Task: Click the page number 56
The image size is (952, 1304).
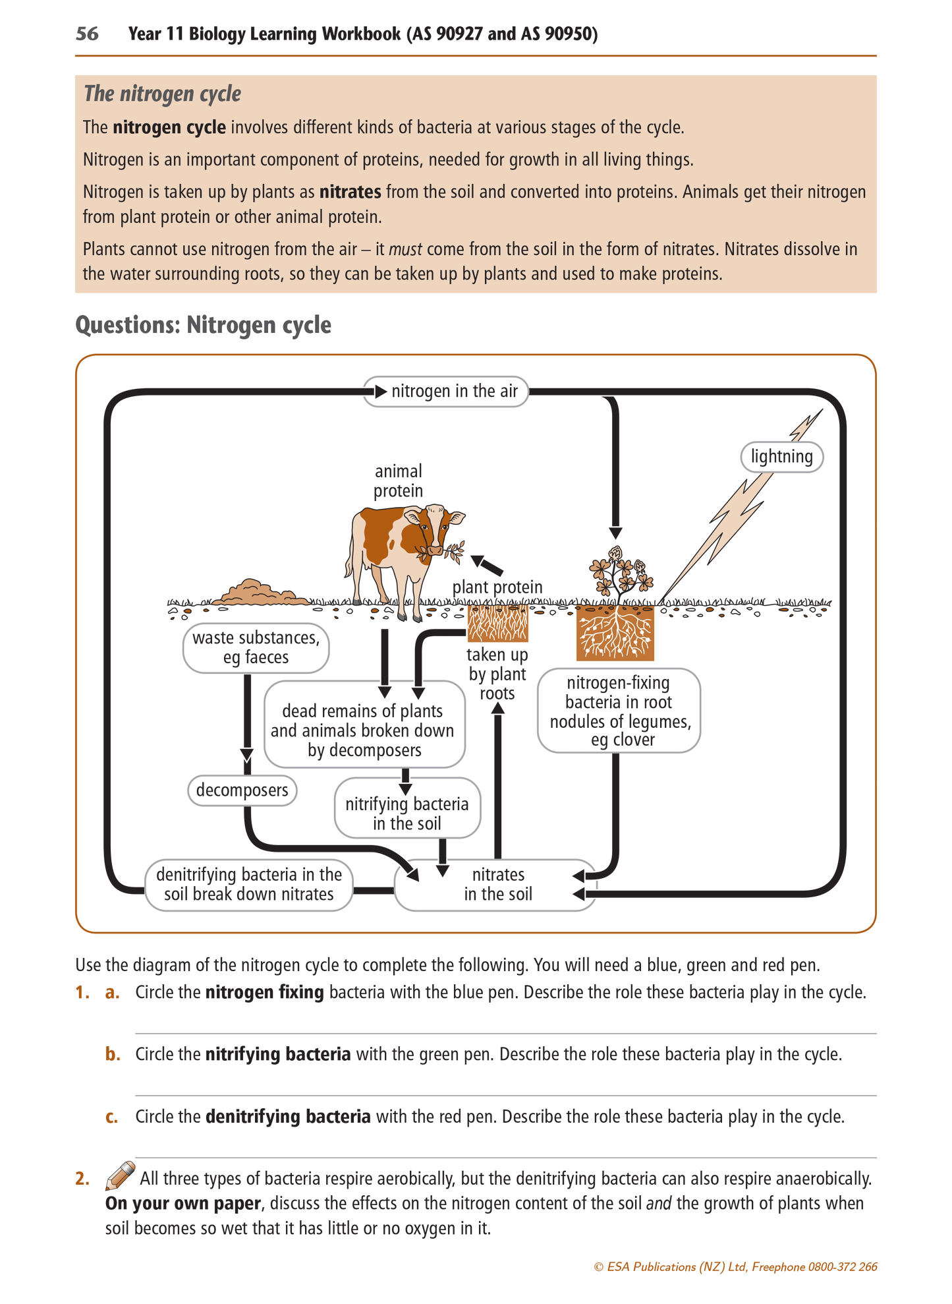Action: pyautogui.click(x=87, y=34)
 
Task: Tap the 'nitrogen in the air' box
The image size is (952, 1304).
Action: pyautogui.click(x=446, y=392)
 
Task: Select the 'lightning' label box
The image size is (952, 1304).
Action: pyautogui.click(x=782, y=457)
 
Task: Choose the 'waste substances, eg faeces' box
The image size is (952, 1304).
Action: pyautogui.click(x=256, y=648)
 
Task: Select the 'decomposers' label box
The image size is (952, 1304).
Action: pyautogui.click(x=242, y=790)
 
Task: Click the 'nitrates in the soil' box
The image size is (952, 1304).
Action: pyautogui.click(x=495, y=885)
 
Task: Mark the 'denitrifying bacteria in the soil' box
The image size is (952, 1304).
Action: pyautogui.click(x=249, y=885)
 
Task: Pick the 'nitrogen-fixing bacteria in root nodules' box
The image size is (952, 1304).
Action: pyautogui.click(x=619, y=711)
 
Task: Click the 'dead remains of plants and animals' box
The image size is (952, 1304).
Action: pyautogui.click(x=364, y=724)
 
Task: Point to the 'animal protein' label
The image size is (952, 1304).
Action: pyautogui.click(x=398, y=481)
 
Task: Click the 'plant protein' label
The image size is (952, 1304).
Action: pyautogui.click(x=497, y=587)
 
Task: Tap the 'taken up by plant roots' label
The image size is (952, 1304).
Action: pyautogui.click(x=497, y=674)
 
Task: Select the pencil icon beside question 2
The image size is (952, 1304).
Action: pyautogui.click(x=121, y=1175)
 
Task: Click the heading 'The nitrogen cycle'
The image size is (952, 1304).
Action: pyautogui.click(x=162, y=94)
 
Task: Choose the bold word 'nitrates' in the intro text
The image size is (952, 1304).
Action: pyautogui.click(x=350, y=192)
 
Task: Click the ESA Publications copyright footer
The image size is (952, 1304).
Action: pyautogui.click(x=736, y=1266)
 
